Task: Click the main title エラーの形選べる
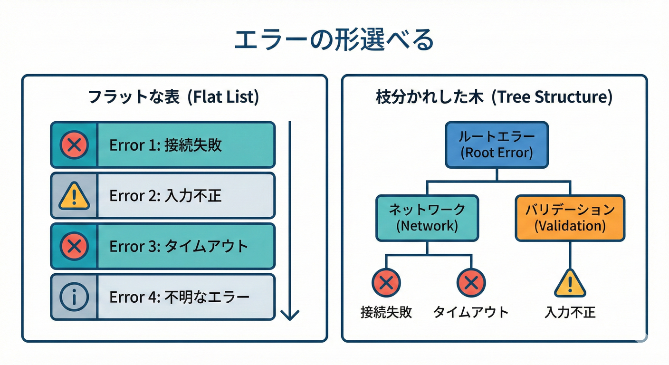click(334, 40)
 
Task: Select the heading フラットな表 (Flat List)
click(174, 97)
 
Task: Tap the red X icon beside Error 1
click(74, 145)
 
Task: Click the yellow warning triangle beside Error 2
click(74, 196)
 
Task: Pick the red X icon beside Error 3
click(74, 247)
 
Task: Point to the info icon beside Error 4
click(74, 297)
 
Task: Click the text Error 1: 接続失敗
click(165, 145)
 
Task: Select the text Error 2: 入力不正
click(165, 196)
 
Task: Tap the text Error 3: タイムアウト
click(178, 247)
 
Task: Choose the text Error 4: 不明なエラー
click(179, 298)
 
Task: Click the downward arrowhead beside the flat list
click(289, 314)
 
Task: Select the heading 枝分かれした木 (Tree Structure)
click(494, 97)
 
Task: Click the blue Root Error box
click(497, 144)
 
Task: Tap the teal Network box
click(427, 218)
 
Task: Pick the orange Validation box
click(570, 218)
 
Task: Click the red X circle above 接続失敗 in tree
click(386, 283)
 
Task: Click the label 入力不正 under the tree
click(570, 312)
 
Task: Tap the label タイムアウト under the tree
click(470, 312)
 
